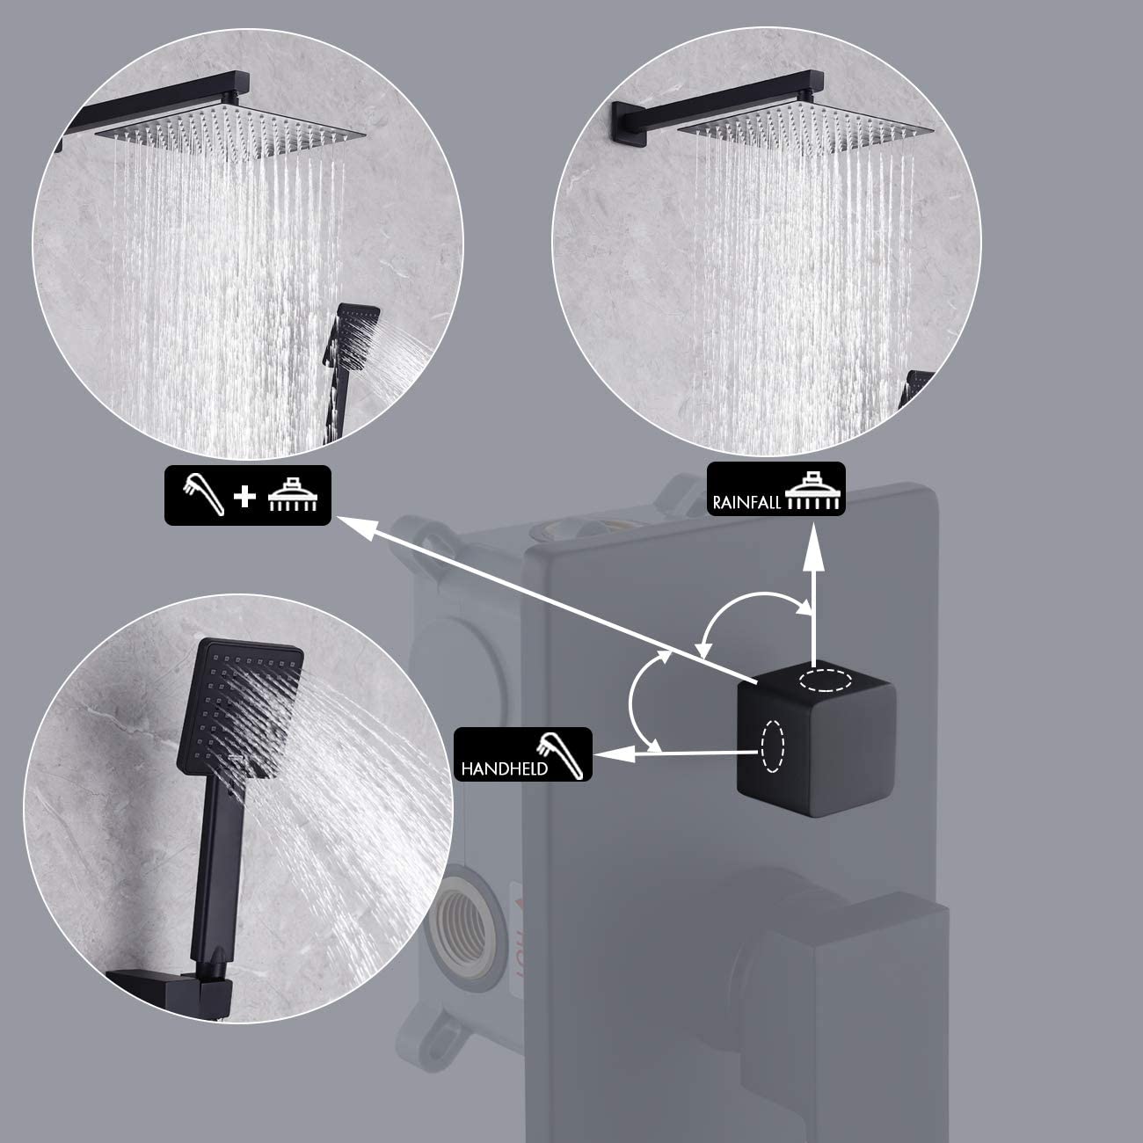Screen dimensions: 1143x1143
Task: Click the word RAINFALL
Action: (x=746, y=502)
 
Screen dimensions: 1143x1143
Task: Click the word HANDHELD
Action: (x=504, y=768)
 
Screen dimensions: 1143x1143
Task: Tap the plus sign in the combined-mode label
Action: (x=244, y=497)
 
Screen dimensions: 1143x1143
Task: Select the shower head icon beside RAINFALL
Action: (x=812, y=491)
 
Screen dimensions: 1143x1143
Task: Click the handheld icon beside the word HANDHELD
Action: (x=562, y=755)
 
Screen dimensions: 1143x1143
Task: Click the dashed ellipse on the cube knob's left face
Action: (x=772, y=746)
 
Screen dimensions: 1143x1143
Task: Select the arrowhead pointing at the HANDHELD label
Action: (x=612, y=754)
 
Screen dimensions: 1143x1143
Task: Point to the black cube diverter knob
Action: (x=815, y=739)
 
